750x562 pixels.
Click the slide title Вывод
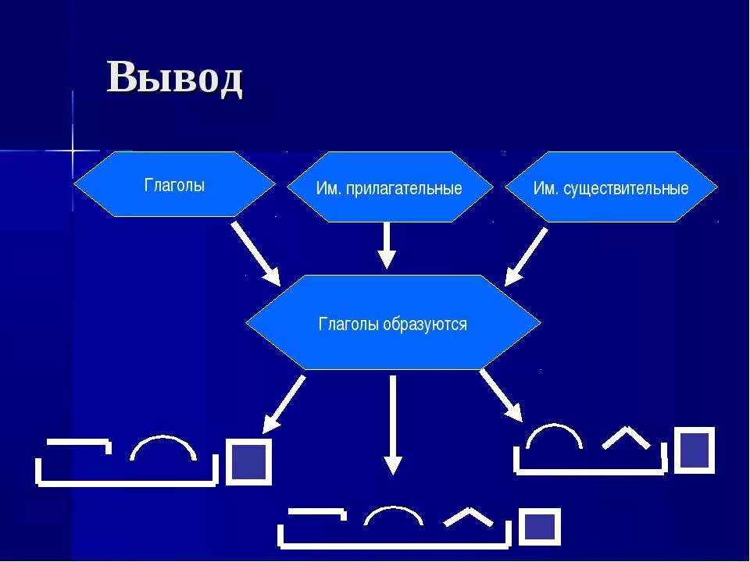coord(175,78)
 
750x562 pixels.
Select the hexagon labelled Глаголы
coord(174,185)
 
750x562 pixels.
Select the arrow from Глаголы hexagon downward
coord(255,254)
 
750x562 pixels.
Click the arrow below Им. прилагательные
coord(387,246)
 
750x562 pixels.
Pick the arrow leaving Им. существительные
coord(526,256)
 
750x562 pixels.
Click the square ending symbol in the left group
coord(249,461)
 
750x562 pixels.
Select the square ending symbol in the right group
coord(694,450)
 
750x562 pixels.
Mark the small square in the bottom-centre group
coord(540,527)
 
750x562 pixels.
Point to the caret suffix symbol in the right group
coord(626,438)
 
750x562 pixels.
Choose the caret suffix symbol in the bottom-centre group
coord(469,516)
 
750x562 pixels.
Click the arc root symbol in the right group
coord(554,436)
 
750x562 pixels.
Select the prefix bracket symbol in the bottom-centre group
coord(316,514)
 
